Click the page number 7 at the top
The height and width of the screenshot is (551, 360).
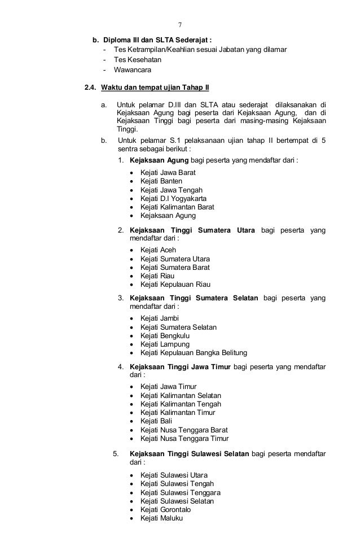(x=179, y=25)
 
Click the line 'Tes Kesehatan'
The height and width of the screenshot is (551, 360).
(x=138, y=60)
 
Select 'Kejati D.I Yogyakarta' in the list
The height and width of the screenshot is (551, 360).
(x=173, y=198)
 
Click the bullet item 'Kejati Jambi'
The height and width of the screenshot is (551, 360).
(x=160, y=318)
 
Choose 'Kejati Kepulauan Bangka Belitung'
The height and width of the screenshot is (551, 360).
(x=194, y=353)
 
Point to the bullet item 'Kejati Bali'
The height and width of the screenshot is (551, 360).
(x=156, y=421)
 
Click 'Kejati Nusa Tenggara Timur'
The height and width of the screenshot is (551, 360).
(x=185, y=438)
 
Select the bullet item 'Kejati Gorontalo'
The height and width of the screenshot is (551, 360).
(x=167, y=510)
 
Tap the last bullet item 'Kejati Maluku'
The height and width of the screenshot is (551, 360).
(x=162, y=519)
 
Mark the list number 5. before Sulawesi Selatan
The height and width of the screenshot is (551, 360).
(x=116, y=453)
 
